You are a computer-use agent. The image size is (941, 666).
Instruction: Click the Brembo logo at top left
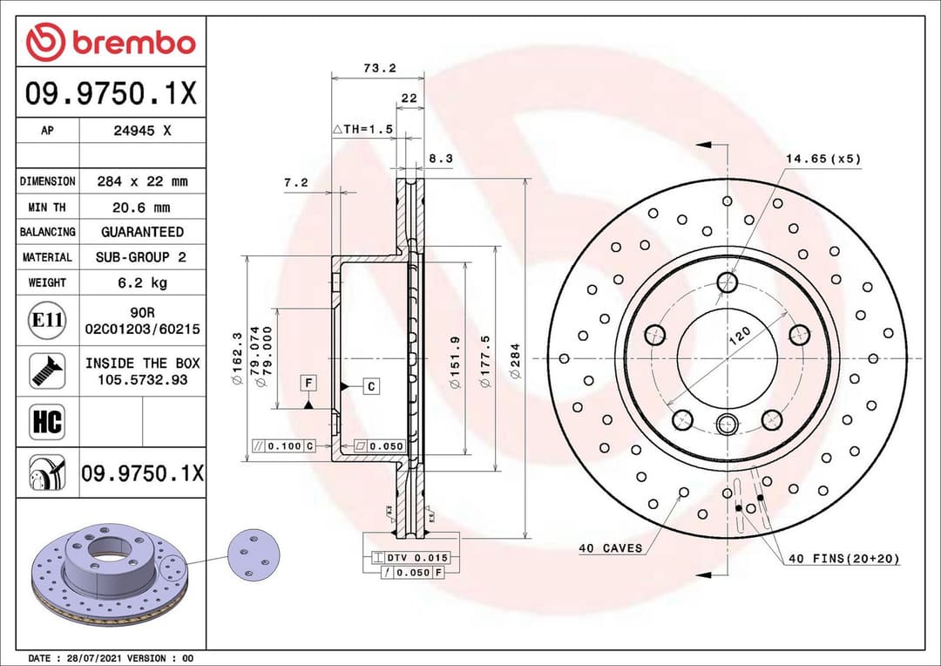[x=111, y=42]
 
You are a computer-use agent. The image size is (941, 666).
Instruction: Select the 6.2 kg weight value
[x=142, y=282]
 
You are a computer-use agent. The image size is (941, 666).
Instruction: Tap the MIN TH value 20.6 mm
[x=142, y=207]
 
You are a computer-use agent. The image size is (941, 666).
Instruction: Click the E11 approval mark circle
[x=47, y=321]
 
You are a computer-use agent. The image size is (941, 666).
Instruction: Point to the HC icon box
[x=47, y=423]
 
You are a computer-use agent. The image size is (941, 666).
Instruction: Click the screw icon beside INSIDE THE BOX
[x=47, y=370]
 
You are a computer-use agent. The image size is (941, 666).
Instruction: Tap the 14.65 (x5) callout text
[x=823, y=159]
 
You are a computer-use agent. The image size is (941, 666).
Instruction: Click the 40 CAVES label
[x=610, y=548]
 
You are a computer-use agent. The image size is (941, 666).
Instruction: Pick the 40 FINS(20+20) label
[x=843, y=558]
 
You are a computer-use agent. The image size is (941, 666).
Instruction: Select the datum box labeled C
[x=370, y=385]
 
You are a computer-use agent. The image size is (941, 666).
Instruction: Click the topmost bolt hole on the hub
[x=727, y=282]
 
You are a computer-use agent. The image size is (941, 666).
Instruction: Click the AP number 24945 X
[x=142, y=131]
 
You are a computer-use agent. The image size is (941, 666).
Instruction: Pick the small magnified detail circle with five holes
[x=254, y=554]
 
